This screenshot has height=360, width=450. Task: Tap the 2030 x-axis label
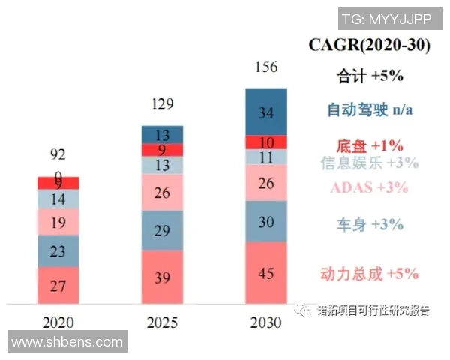click(x=265, y=323)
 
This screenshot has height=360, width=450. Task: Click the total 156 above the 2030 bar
click(x=265, y=67)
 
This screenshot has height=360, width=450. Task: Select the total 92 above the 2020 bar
click(x=58, y=155)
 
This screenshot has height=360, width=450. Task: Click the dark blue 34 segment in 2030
click(x=265, y=112)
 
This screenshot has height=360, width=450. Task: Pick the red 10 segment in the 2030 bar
click(x=265, y=142)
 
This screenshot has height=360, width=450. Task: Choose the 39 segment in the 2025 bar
click(x=162, y=277)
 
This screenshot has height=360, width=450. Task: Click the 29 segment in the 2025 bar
click(x=162, y=231)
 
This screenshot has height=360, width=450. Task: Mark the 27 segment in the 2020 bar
click(x=58, y=285)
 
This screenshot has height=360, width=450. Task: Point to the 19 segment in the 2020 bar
click(x=58, y=223)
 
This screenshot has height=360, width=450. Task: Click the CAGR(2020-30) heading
click(x=369, y=45)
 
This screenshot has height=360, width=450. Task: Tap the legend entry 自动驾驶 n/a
click(x=370, y=110)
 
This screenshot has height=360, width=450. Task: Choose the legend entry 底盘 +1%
click(x=370, y=145)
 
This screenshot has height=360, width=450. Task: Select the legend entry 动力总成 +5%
click(x=370, y=273)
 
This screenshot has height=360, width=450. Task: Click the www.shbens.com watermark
click(x=66, y=342)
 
